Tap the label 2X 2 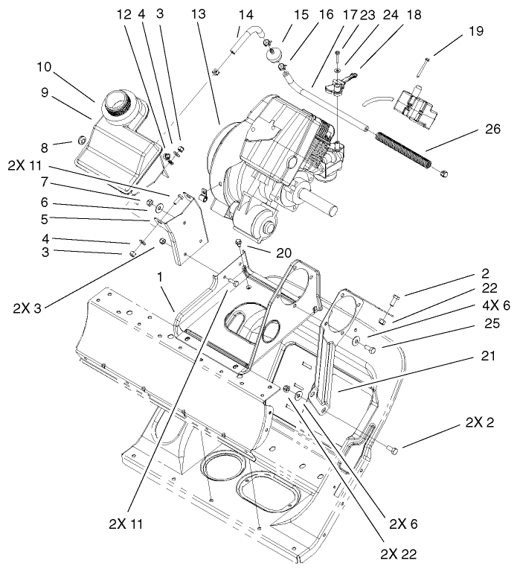(480, 423)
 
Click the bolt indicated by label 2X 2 (394, 448)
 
